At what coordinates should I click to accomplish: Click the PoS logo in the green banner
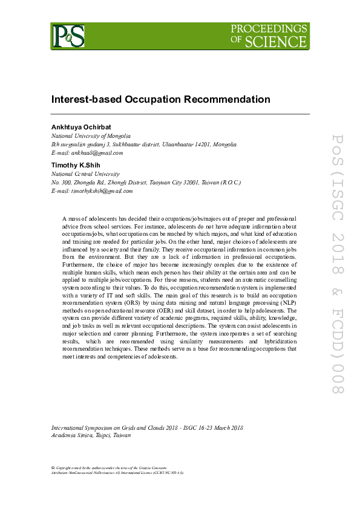[x=68, y=36]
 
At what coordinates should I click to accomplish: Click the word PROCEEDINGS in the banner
[x=269, y=28]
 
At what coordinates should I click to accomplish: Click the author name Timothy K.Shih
[x=72, y=164]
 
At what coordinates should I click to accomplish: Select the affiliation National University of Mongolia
[x=91, y=137]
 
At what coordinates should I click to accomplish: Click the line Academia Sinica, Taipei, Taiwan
[x=91, y=435]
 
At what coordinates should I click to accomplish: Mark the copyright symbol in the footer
[x=53, y=468]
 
